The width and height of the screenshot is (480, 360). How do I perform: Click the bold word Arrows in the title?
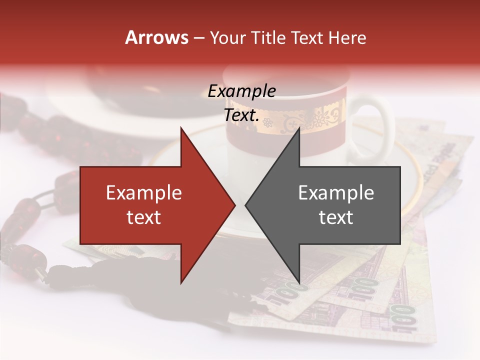click(x=157, y=37)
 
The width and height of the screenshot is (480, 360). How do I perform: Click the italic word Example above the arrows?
click(x=241, y=91)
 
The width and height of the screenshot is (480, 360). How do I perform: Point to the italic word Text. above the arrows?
click(x=241, y=115)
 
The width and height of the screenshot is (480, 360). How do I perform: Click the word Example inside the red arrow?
click(x=144, y=193)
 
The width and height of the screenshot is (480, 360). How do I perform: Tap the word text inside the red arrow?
click(x=144, y=217)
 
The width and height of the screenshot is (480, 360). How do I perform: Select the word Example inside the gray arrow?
click(x=336, y=193)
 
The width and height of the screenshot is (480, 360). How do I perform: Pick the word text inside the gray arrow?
click(x=336, y=217)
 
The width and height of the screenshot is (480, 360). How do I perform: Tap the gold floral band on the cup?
click(x=300, y=120)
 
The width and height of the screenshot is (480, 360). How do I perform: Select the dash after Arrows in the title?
click(x=199, y=37)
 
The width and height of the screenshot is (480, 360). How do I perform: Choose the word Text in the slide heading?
click(x=307, y=37)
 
